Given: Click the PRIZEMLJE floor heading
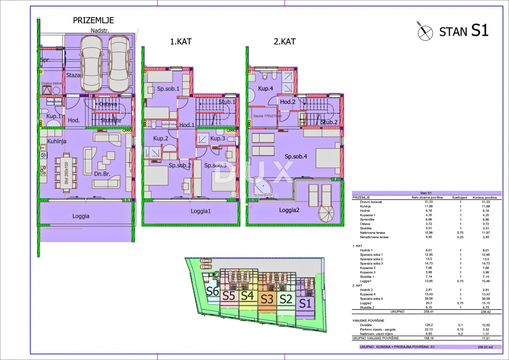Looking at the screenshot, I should tap(93, 20).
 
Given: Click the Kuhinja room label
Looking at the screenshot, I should tap(57, 141).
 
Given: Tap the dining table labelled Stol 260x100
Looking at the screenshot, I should tap(66, 174).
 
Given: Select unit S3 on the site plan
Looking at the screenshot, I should tap(267, 299).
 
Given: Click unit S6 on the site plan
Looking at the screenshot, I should tap(212, 291).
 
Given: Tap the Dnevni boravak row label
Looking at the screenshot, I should tap(371, 202).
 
